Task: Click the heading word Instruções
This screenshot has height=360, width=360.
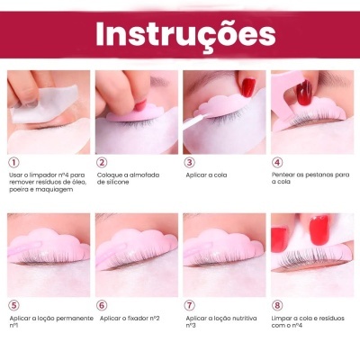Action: (179, 33)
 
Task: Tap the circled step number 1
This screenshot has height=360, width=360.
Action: (13, 162)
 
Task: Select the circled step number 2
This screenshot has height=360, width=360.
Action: (101, 162)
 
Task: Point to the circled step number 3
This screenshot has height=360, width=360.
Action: (189, 162)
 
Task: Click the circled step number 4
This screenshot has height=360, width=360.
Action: (277, 162)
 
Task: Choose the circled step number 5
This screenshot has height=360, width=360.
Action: (13, 305)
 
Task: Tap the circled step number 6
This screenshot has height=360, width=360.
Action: (101, 305)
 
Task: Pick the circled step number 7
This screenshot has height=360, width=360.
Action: (189, 305)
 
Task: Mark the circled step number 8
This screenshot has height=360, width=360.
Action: (277, 305)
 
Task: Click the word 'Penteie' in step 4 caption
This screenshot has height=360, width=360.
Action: (284, 175)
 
